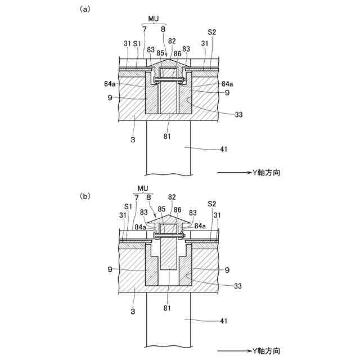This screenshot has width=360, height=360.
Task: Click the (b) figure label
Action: pyautogui.click(x=85, y=196)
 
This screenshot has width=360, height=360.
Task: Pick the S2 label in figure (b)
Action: pyautogui.click(x=212, y=204)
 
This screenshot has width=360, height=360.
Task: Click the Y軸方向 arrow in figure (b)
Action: pyautogui.click(x=231, y=349)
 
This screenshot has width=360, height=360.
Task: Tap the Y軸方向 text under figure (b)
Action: pyautogui.click(x=264, y=349)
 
